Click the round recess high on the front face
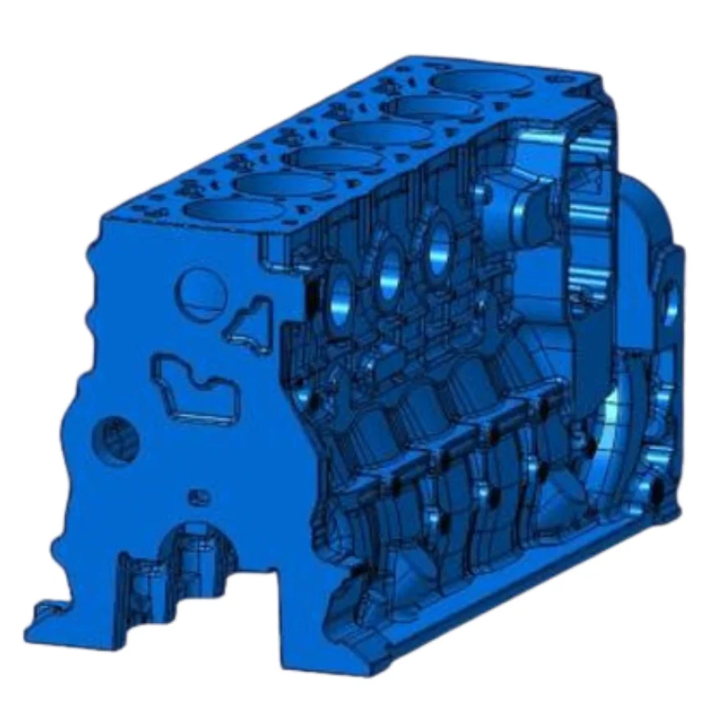pyautogui.click(x=203, y=291)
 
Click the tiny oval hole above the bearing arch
pyautogui.click(x=196, y=497)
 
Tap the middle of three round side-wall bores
pyautogui.click(x=388, y=271)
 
